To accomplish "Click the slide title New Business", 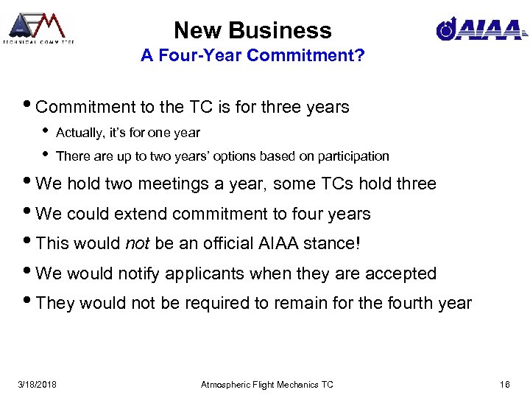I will click(252, 30).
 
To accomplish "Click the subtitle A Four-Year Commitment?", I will click(252, 57).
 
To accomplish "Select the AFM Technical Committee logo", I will click(38, 27).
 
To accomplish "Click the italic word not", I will click(138, 244).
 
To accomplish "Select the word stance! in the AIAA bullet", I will click(336, 244).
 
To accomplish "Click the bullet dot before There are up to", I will click(46, 156).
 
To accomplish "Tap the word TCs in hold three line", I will click(334, 184).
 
